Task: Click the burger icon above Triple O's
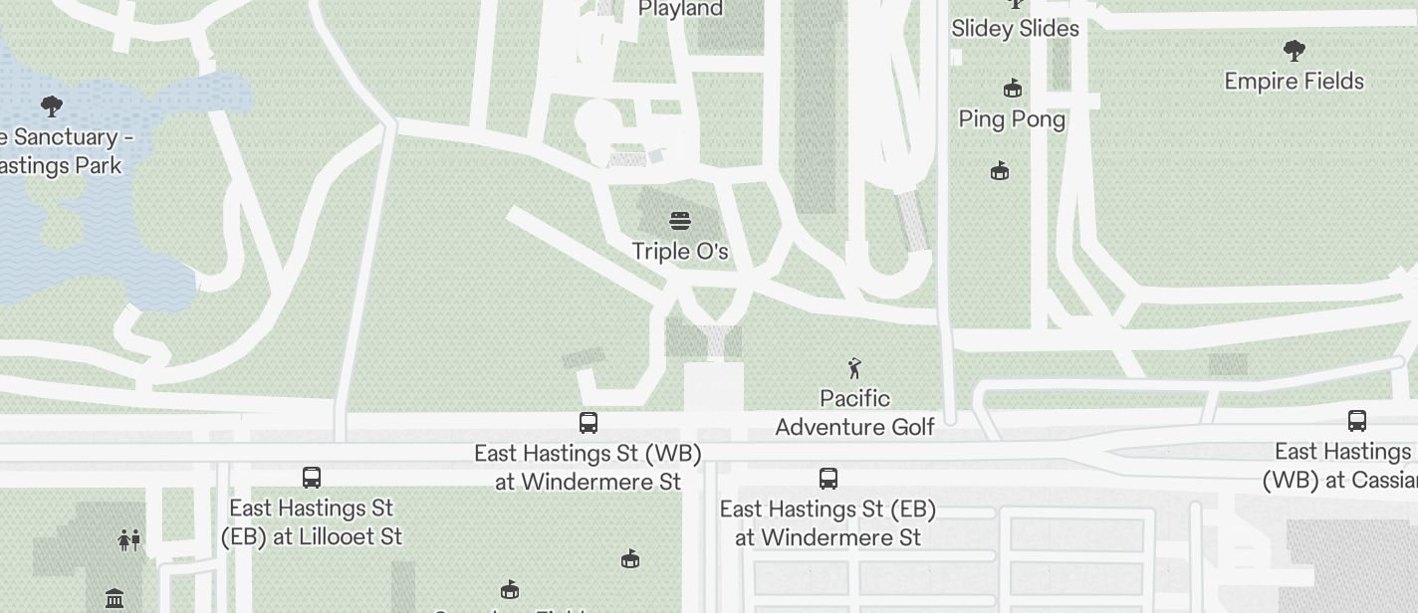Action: pos(680,220)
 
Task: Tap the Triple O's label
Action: pos(680,251)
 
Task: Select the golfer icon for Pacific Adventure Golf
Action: pos(854,368)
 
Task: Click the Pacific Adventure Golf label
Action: pos(854,413)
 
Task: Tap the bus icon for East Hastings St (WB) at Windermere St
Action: pos(589,423)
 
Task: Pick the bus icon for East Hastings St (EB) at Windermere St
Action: pos(827,479)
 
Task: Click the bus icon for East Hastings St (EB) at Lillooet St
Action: pos(312,478)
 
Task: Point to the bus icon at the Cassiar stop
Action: pos(1356,420)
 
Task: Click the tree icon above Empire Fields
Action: pos(1294,50)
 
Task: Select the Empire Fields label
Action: pos(1294,81)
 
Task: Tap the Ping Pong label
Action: pos(1012,119)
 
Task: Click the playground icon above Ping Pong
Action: pos(1013,89)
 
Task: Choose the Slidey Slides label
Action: pos(1015,29)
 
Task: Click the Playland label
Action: pos(680,9)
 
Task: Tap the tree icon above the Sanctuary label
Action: pos(51,106)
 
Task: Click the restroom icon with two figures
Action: pos(129,539)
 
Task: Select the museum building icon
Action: pos(115,599)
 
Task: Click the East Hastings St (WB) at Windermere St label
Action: pos(588,468)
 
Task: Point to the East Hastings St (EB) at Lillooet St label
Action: pos(312,522)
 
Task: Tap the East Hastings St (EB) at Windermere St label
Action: pos(827,523)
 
